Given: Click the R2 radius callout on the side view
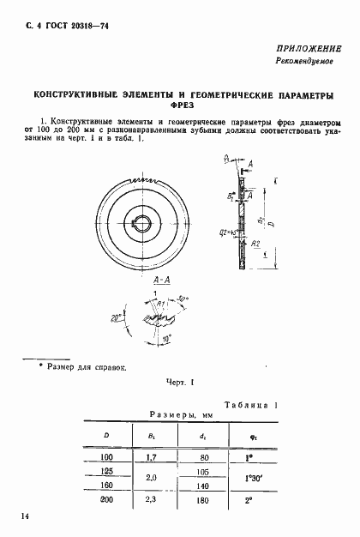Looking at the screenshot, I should [256, 244].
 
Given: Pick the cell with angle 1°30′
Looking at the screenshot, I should [254, 478].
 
